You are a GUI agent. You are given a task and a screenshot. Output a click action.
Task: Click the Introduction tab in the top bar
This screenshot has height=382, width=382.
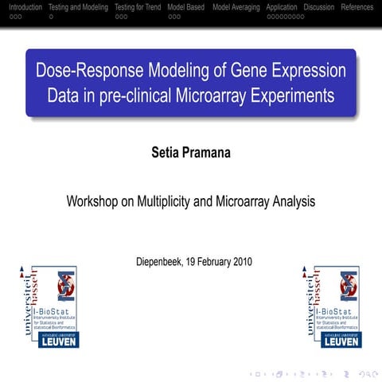click(21, 7)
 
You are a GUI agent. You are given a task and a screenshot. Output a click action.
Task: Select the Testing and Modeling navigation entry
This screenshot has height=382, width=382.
click(78, 7)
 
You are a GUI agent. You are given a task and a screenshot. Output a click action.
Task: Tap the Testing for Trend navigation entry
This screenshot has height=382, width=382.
click(138, 7)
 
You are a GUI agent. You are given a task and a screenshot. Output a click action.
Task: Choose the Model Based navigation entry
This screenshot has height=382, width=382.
click(186, 7)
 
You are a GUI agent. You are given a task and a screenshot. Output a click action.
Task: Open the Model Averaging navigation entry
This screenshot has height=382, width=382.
click(236, 7)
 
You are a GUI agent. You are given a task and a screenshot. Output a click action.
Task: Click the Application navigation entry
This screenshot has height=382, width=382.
click(282, 7)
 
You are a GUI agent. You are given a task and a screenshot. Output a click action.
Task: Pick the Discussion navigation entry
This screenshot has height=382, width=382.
click(318, 7)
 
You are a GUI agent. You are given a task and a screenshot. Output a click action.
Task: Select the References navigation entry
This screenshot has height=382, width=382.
click(357, 7)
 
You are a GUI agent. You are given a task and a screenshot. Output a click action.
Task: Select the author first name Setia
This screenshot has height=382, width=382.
click(165, 151)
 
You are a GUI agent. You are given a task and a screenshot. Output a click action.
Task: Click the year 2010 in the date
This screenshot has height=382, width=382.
click(249, 261)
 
